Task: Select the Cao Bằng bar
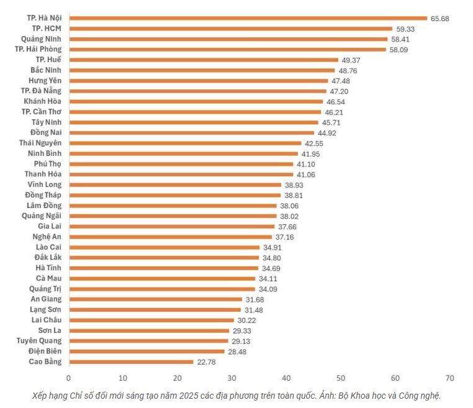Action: (x=131, y=361)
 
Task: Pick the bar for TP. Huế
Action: (x=204, y=60)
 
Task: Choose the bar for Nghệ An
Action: (x=170, y=237)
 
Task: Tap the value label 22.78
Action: (x=207, y=362)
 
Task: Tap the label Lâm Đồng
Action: (x=43, y=206)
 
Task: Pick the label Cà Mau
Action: (x=48, y=278)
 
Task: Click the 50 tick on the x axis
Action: (x=341, y=378)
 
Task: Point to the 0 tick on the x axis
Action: (x=68, y=378)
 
